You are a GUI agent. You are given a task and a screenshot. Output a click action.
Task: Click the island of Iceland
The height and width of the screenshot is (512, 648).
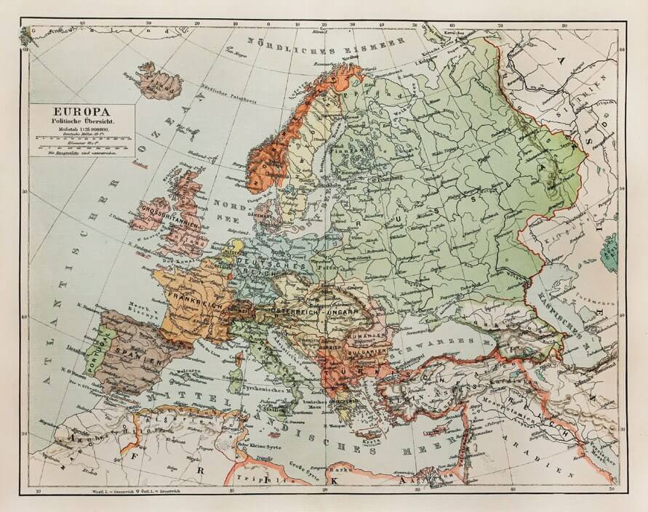tap(159, 81)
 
